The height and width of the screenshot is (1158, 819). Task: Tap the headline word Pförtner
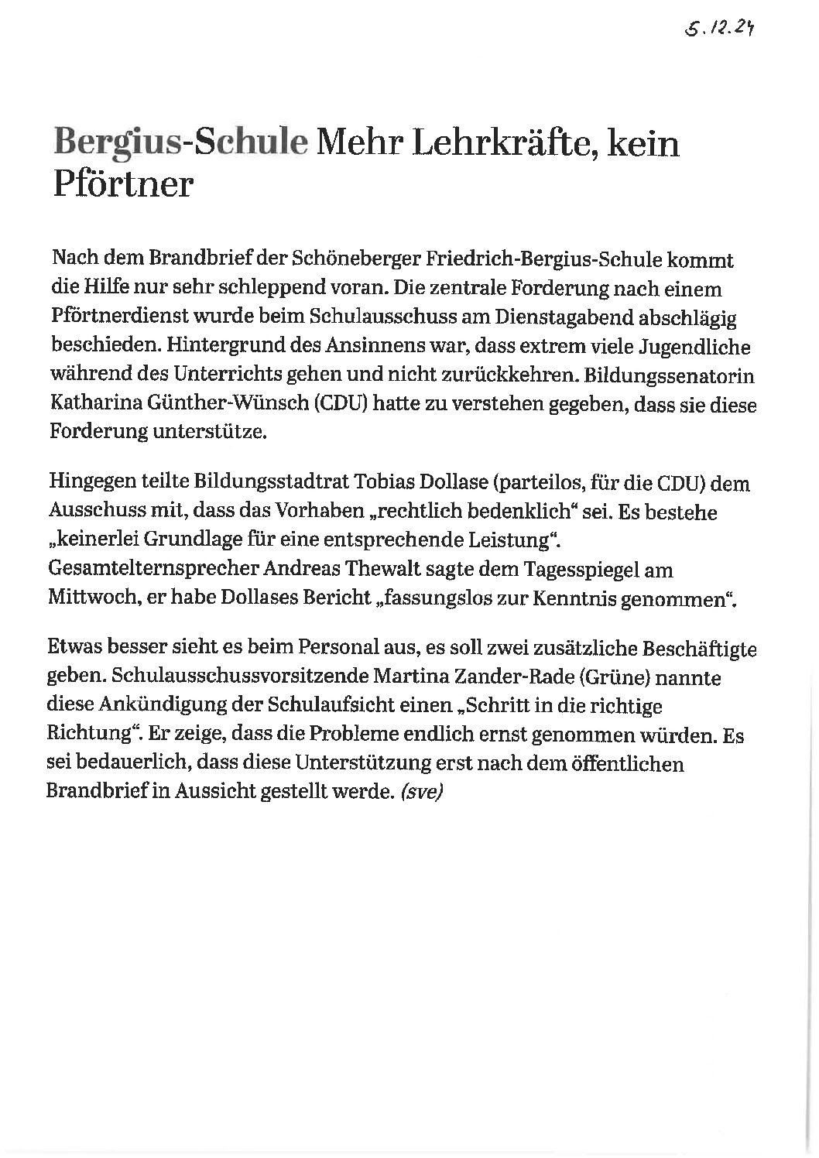coord(122,184)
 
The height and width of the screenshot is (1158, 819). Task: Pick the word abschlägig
coord(701,317)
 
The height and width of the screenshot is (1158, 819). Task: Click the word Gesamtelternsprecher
coord(152,569)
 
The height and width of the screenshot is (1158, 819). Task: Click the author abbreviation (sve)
coord(421,793)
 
